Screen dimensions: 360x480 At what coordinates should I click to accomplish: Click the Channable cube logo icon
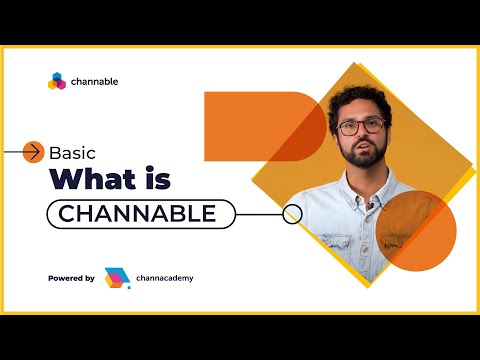coord(56,82)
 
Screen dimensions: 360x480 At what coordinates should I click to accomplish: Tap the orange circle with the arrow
coord(33,152)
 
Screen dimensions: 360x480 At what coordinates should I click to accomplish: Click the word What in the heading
coord(92,181)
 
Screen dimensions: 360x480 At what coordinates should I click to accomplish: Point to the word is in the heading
coord(156,181)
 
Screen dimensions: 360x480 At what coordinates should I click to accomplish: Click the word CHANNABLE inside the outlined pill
coord(137,213)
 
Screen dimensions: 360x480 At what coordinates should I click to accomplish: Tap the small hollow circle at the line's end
coord(292,213)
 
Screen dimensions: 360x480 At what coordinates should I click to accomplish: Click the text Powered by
coord(71,277)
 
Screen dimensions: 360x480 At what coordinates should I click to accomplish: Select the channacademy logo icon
coord(117,277)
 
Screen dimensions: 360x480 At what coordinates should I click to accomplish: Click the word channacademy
coord(167,277)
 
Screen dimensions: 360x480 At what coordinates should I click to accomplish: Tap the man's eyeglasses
coord(361,127)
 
